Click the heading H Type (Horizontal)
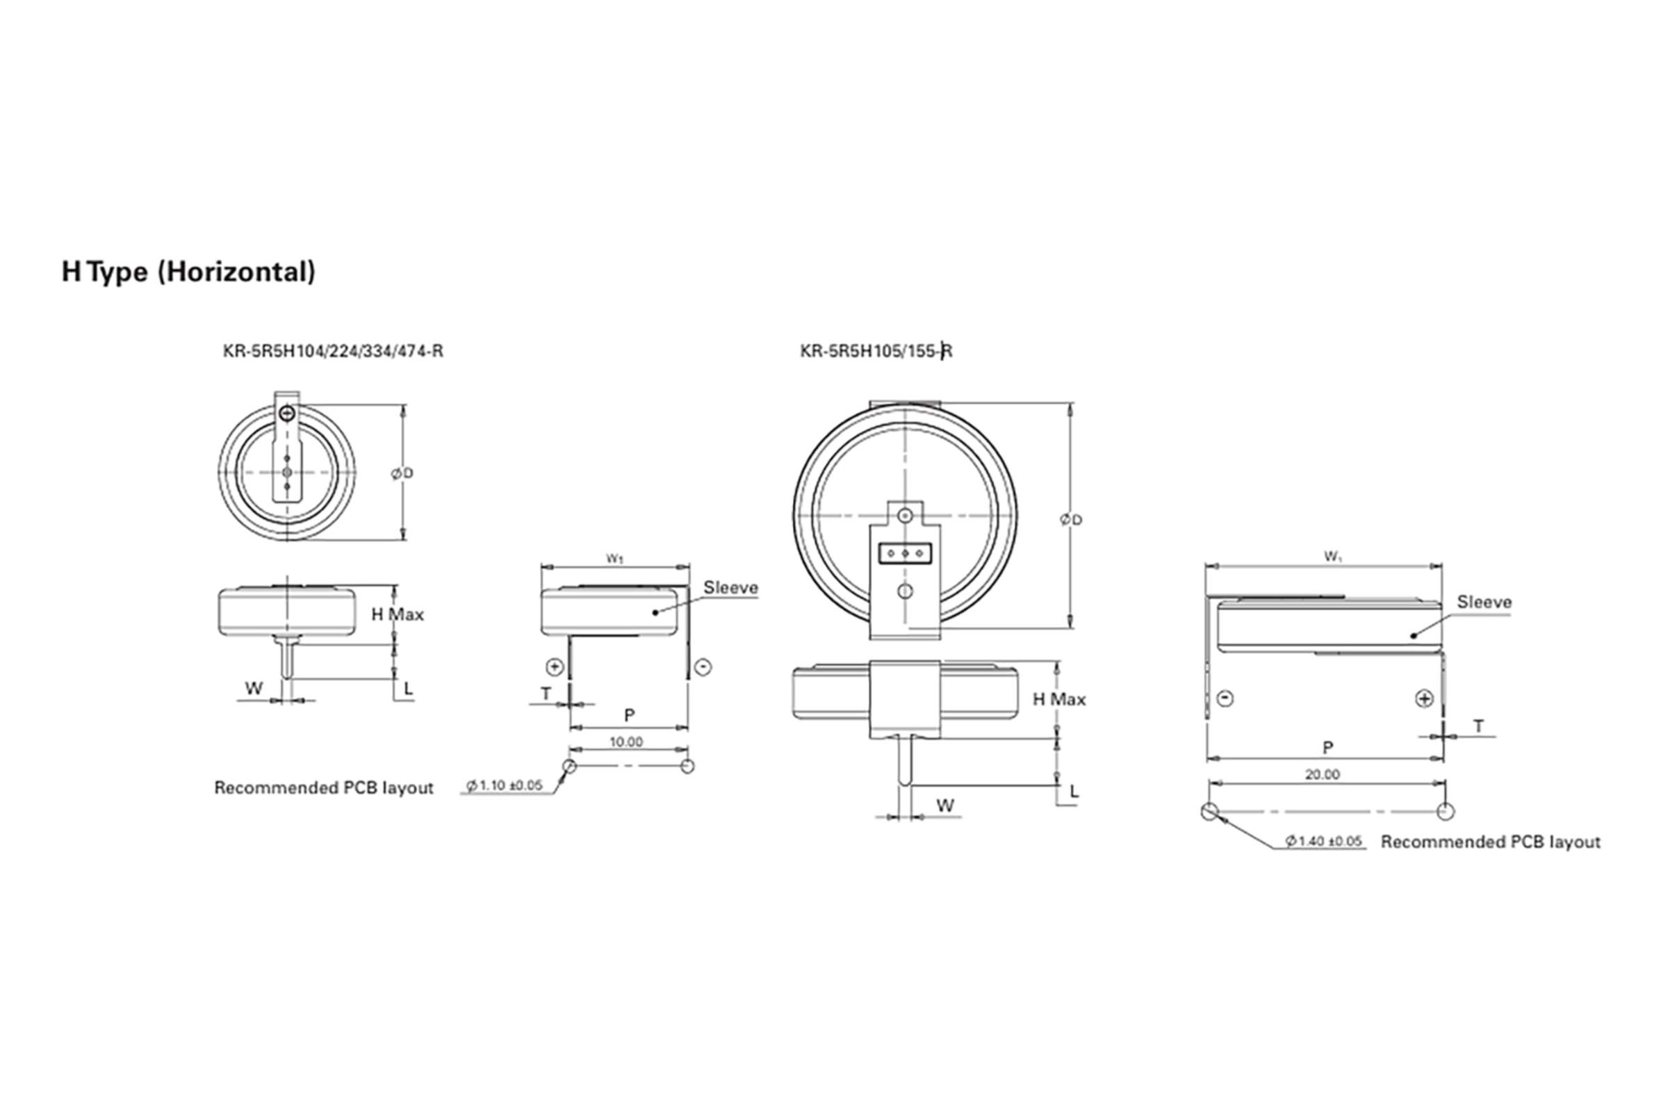(x=188, y=272)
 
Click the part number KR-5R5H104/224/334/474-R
(x=334, y=351)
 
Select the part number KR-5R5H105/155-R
(x=876, y=351)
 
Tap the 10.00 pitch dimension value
(x=626, y=742)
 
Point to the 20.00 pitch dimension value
(x=1323, y=774)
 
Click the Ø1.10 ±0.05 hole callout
(x=505, y=785)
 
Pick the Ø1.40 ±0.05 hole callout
(x=1324, y=841)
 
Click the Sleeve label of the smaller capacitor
(x=730, y=587)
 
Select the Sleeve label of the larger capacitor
(x=1485, y=602)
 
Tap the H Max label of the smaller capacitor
(x=397, y=614)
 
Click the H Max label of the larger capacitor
(x=1058, y=699)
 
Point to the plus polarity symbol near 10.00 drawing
(x=555, y=667)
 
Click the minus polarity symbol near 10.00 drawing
(x=703, y=667)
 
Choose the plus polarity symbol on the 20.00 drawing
(x=1424, y=698)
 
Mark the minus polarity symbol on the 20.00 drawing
(x=1225, y=698)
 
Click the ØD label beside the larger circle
(x=1072, y=520)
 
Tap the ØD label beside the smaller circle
(x=402, y=473)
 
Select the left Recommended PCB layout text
(x=323, y=788)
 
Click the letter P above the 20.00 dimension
(x=1327, y=748)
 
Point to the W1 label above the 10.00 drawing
(x=615, y=559)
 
